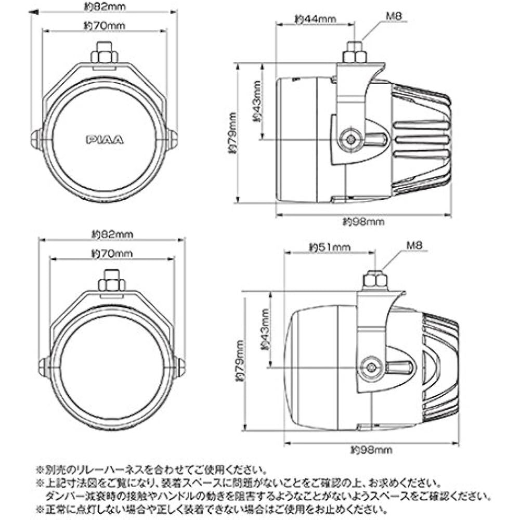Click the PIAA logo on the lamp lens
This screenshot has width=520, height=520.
tap(105, 139)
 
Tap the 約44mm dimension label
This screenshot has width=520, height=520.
tap(315, 19)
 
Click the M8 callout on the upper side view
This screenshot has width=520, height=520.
tap(393, 16)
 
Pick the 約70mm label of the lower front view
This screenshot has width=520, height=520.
tap(112, 254)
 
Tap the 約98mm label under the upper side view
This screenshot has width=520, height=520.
tap(363, 222)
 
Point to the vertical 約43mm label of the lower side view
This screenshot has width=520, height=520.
tap(264, 329)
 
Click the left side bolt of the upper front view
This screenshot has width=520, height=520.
tap(35, 139)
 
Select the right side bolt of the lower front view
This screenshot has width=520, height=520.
tap(180, 368)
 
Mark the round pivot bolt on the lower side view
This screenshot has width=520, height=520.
tap(371, 368)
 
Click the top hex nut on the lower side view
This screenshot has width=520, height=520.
tap(374, 281)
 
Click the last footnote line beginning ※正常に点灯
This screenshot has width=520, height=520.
tap(211, 509)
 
